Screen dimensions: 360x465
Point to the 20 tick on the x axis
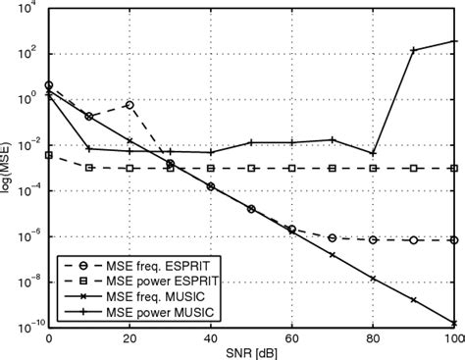click(129, 335)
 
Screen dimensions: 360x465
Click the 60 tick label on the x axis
click(291, 335)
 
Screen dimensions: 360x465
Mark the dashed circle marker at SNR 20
click(129, 104)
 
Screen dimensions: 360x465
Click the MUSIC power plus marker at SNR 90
click(414, 50)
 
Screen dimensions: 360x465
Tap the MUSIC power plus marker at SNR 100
click(454, 41)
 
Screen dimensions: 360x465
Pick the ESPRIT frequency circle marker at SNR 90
click(414, 239)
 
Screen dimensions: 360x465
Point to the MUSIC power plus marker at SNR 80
click(373, 153)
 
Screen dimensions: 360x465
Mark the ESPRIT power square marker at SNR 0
click(49, 154)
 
